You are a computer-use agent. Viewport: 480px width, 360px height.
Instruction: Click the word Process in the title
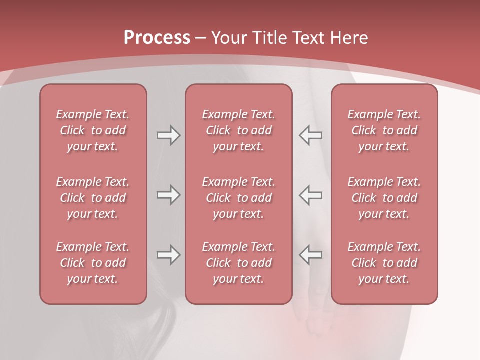click(157, 38)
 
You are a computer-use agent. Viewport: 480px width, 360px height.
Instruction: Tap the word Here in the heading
click(348, 38)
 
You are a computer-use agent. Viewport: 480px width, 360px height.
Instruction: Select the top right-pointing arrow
click(168, 135)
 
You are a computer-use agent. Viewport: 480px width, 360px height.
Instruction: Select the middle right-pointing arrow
click(168, 195)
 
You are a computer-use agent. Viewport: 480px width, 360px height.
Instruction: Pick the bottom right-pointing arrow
click(168, 255)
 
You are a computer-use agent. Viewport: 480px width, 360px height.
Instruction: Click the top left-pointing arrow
click(311, 135)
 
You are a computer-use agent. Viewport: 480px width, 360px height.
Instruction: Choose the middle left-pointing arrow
click(311, 195)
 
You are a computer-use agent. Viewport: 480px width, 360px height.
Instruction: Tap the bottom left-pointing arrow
click(311, 255)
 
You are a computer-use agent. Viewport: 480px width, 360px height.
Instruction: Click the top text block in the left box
click(93, 130)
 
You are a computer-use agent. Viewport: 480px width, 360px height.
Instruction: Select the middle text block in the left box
click(93, 198)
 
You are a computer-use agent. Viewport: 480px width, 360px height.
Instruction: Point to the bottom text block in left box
click(93, 263)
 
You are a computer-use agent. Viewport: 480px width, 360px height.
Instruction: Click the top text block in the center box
click(239, 130)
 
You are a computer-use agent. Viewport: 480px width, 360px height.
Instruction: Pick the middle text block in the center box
click(239, 198)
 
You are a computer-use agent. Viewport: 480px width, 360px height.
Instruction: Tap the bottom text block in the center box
click(239, 263)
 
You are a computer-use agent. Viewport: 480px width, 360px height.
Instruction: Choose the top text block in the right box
click(384, 130)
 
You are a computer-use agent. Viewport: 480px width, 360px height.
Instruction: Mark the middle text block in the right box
click(384, 198)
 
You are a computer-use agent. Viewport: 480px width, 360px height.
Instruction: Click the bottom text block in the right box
click(384, 263)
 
